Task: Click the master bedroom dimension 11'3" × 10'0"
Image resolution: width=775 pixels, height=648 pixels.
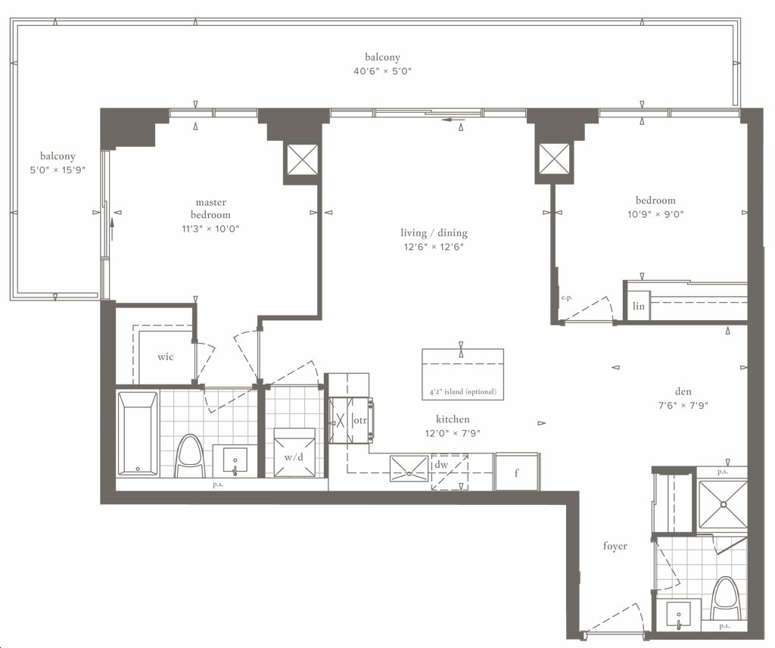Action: (x=210, y=229)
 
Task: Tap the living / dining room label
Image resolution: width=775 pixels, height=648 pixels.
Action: (x=434, y=233)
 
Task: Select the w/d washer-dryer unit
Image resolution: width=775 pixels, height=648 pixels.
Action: (x=294, y=452)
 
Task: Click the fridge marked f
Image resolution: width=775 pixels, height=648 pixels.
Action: (x=516, y=472)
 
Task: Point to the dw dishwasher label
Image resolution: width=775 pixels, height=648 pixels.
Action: (x=441, y=465)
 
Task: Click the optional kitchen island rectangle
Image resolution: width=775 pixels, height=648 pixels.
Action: (x=462, y=374)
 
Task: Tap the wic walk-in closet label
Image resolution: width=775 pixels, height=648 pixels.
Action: (x=166, y=357)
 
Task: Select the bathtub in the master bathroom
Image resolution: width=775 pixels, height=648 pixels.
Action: (x=139, y=434)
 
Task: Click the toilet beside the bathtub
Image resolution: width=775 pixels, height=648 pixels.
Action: (x=190, y=456)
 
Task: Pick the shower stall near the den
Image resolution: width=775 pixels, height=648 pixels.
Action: (x=722, y=503)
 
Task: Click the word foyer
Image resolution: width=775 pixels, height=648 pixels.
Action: (x=615, y=546)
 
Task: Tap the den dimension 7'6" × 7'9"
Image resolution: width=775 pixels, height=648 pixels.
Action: (x=683, y=405)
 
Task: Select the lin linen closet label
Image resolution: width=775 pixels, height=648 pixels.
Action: (x=639, y=306)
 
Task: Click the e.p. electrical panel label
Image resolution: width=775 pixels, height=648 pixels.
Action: (x=567, y=298)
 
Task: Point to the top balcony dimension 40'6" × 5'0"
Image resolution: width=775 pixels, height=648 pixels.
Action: (x=382, y=70)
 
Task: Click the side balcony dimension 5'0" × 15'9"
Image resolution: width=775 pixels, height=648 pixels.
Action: (x=58, y=170)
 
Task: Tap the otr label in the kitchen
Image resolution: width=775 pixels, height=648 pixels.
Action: (x=359, y=421)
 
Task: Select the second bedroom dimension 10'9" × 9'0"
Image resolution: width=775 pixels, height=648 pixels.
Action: (x=655, y=214)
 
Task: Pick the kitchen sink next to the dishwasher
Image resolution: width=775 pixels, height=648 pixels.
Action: (x=409, y=469)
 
